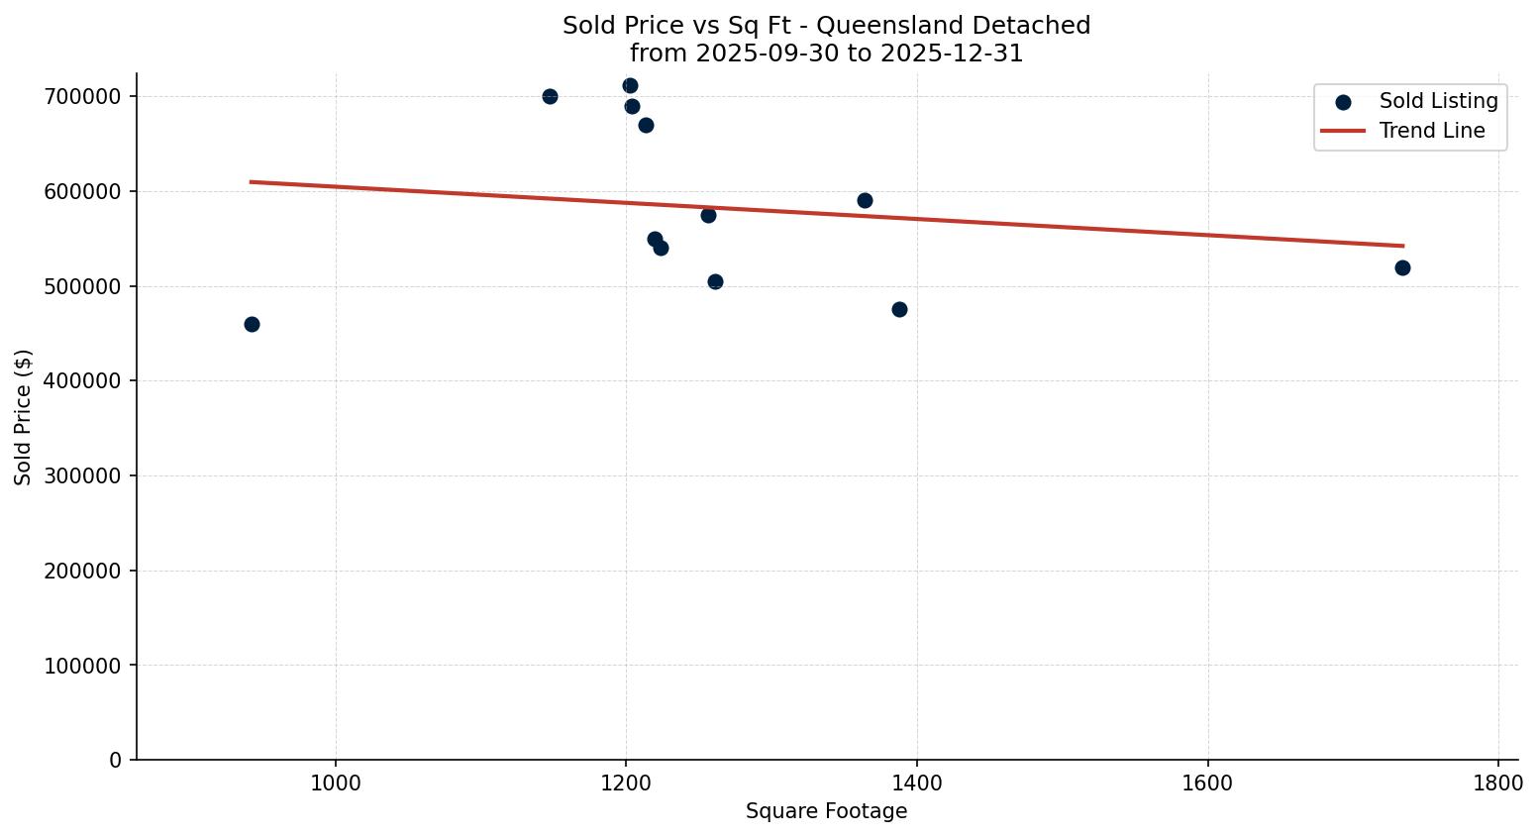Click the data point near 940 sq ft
252,324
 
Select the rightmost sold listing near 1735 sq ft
1402,267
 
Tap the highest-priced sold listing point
630,85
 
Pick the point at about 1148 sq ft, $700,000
550,96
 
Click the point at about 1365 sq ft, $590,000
865,200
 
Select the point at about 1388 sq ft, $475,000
899,309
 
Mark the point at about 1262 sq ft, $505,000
715,281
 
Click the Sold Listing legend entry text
1438,101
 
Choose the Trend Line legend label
1432,131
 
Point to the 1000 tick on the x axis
336,783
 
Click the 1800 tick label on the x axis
1498,783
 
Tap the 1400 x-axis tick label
917,783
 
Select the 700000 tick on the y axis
83,96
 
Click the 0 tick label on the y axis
116,760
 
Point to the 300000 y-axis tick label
83,475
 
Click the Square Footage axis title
826,811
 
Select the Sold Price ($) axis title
24,417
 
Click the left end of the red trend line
252,181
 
